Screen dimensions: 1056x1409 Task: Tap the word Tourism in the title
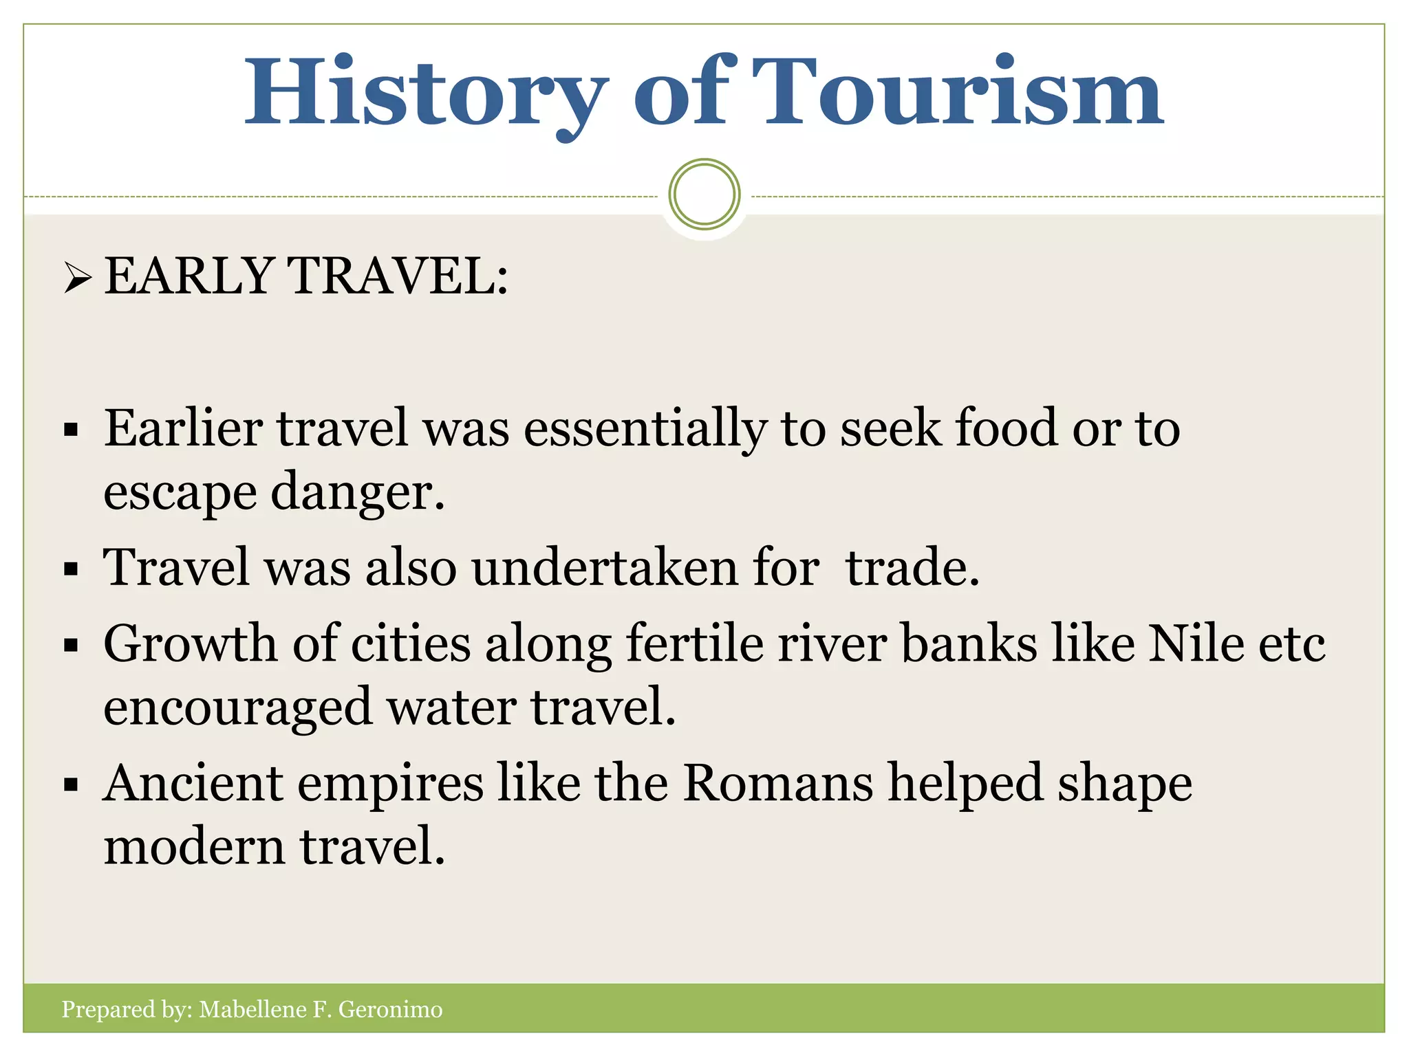pos(956,93)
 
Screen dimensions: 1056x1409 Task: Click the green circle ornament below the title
pos(704,195)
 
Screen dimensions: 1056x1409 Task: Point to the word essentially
pos(645,429)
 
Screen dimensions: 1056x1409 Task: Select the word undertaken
pos(604,569)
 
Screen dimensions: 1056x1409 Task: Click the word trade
pos(912,569)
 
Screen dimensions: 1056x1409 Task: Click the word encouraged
pos(237,708)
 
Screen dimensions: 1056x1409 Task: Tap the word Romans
pos(778,783)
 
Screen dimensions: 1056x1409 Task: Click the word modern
pos(194,847)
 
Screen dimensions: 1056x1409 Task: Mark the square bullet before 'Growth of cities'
pos(71,646)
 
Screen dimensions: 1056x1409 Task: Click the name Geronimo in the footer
pos(390,1009)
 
